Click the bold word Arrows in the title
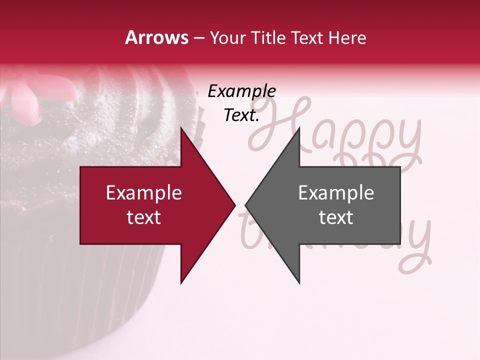(x=157, y=37)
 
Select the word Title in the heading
(x=268, y=37)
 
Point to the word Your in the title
(x=227, y=38)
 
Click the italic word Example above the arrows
(x=241, y=91)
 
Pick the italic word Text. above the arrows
(x=241, y=115)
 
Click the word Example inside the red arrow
(x=143, y=193)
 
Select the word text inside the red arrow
(x=143, y=217)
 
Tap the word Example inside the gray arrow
(x=336, y=193)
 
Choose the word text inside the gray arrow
(x=336, y=217)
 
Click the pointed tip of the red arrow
(x=234, y=205)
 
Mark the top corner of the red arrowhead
(x=181, y=128)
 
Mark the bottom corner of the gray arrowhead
(x=299, y=283)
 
